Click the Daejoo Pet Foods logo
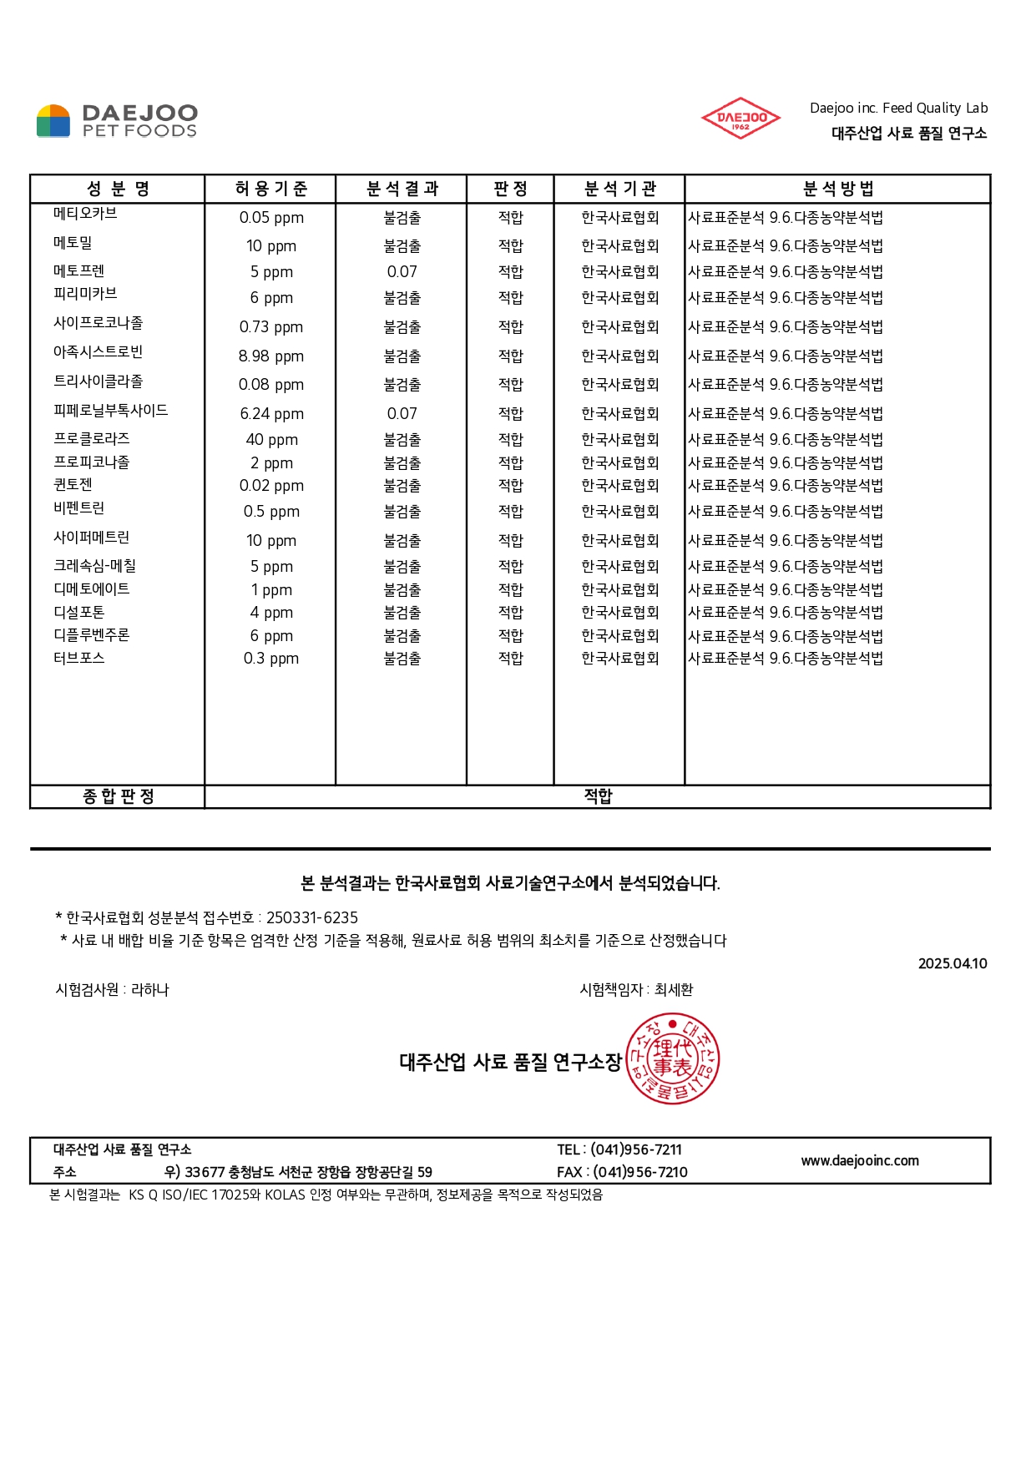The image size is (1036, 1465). coord(117,121)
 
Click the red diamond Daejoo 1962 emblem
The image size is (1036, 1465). coord(740,119)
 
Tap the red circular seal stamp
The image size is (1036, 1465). coord(672,1058)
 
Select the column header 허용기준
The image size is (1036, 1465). coord(270,189)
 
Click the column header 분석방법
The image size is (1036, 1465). coord(837,189)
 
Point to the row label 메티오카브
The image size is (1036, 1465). coord(85,214)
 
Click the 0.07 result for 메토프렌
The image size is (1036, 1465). coord(402,272)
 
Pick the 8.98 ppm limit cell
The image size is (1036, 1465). coord(270,356)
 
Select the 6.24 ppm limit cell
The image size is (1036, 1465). coord(270,414)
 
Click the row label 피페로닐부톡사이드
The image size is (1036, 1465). coord(110,411)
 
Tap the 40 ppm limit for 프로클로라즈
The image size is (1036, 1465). coord(270,440)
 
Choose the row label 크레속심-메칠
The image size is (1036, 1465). coord(94,566)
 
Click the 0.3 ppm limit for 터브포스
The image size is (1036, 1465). coord(270,659)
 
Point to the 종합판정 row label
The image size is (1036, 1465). coord(118,796)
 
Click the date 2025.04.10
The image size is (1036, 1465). coord(952,963)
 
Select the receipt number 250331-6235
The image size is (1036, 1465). coord(311,917)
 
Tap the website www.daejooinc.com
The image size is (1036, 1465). coord(859,1160)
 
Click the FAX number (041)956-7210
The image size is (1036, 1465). coord(639,1172)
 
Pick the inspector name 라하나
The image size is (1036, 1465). coord(150,990)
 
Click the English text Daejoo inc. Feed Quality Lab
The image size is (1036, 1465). coord(898,108)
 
